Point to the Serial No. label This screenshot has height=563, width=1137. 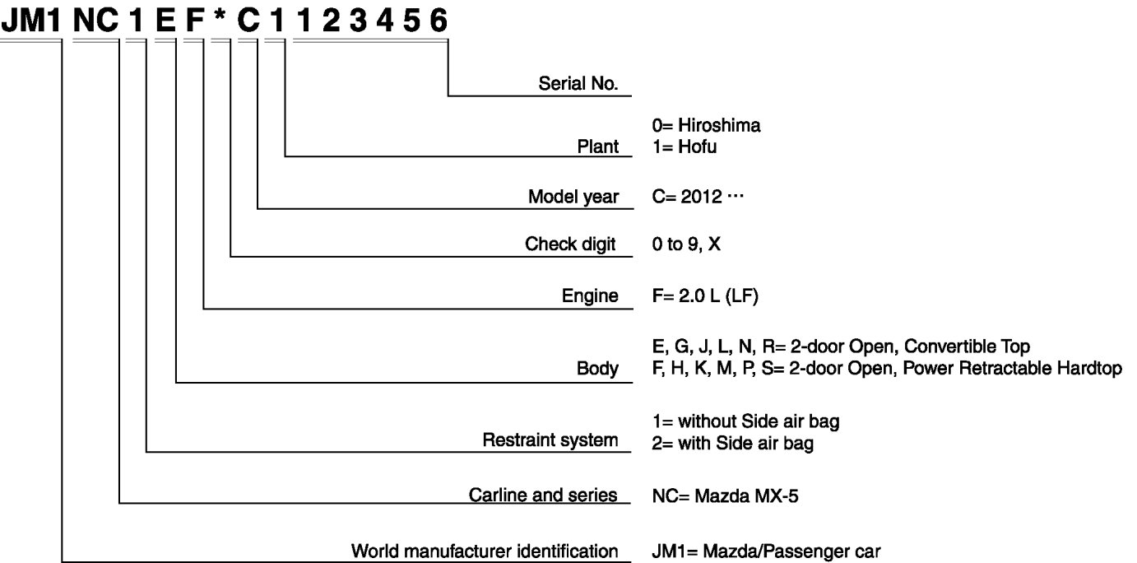578,83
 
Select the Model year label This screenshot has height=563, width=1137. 573,198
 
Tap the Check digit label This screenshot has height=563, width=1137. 570,245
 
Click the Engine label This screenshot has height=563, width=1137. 591,296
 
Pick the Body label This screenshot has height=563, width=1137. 598,369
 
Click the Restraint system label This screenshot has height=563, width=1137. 550,440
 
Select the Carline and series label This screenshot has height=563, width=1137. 543,496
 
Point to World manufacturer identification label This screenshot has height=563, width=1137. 485,550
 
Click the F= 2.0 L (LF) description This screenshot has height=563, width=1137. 704,296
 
